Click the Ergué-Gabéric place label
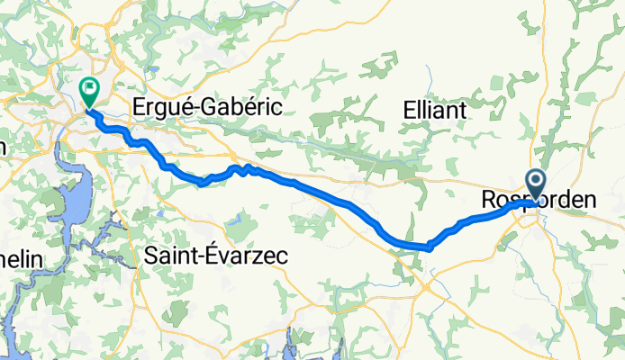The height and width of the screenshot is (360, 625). (x=207, y=107)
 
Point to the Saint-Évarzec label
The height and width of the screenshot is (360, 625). (x=215, y=256)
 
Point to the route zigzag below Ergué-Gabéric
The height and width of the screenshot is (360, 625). (x=243, y=169)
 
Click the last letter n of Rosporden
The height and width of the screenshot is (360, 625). (x=590, y=201)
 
